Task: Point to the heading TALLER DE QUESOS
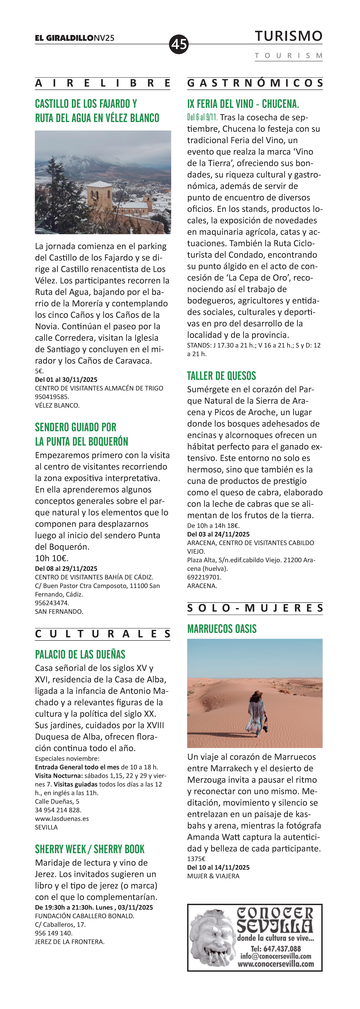221,376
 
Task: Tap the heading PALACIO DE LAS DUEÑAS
80,655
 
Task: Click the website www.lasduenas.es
62,819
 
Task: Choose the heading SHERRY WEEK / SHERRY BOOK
90,849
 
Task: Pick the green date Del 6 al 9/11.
203,118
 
